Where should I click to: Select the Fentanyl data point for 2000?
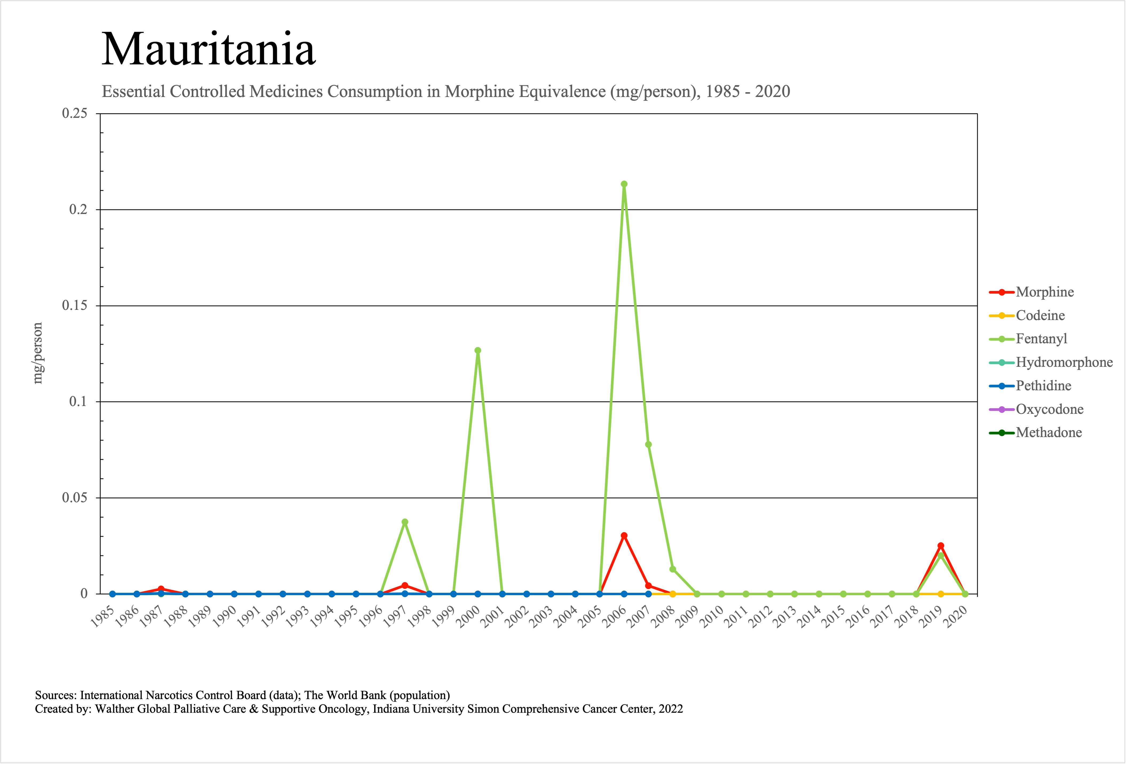point(478,350)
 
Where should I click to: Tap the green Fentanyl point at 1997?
point(405,522)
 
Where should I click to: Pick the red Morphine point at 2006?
point(624,536)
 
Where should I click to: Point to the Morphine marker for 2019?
point(941,546)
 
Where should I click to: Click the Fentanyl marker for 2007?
point(648,444)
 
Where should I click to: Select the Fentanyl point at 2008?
point(673,569)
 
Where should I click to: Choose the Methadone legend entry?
point(1049,433)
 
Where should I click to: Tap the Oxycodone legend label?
point(1049,410)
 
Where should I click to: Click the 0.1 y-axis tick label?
point(78,402)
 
